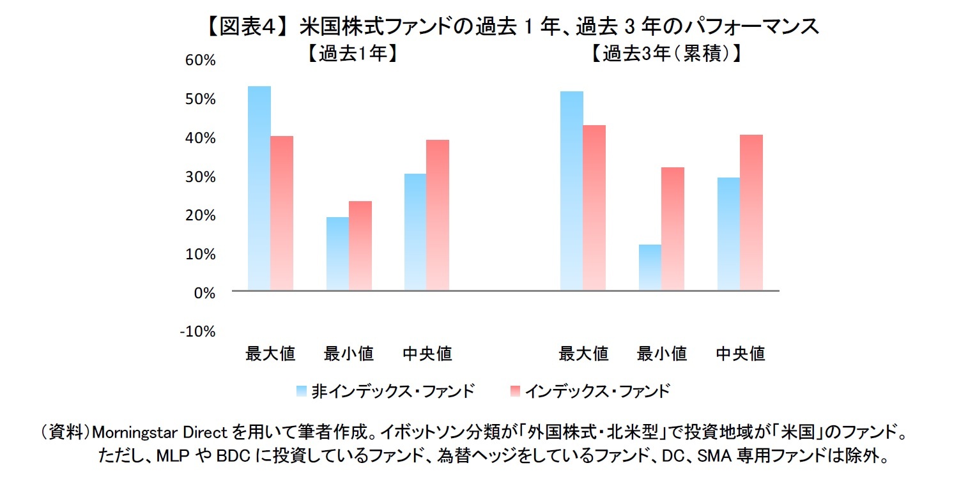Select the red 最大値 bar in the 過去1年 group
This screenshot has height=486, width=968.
pyautogui.click(x=282, y=213)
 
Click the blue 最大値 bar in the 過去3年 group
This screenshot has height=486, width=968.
pyautogui.click(x=571, y=191)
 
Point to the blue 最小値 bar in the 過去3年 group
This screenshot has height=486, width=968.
pyautogui.click(x=650, y=268)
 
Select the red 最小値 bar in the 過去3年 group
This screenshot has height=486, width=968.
pyautogui.click(x=673, y=229)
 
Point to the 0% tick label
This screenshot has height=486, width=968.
pyautogui.click(x=205, y=293)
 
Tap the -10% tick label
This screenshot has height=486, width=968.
pyautogui.click(x=199, y=331)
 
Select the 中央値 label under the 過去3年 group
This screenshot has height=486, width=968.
pyautogui.click(x=740, y=353)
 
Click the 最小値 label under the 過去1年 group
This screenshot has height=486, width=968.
pyautogui.click(x=349, y=353)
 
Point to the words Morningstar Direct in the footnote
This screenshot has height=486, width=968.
pyautogui.click(x=160, y=433)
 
